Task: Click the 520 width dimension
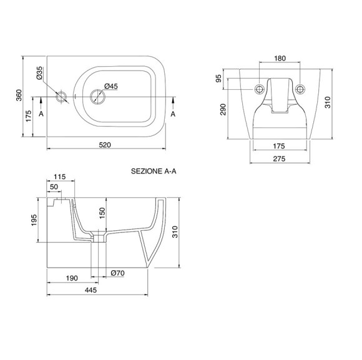pos(105,145)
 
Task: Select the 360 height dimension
pos(19,95)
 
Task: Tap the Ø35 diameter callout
pos(39,73)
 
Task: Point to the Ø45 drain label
pos(111,86)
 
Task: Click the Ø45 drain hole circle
pos(97,97)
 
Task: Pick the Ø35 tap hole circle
pos(61,97)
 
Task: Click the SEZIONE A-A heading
pos(154,171)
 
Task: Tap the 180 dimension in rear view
pos(280,59)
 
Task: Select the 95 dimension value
pos(218,79)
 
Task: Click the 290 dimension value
pos(223,109)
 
